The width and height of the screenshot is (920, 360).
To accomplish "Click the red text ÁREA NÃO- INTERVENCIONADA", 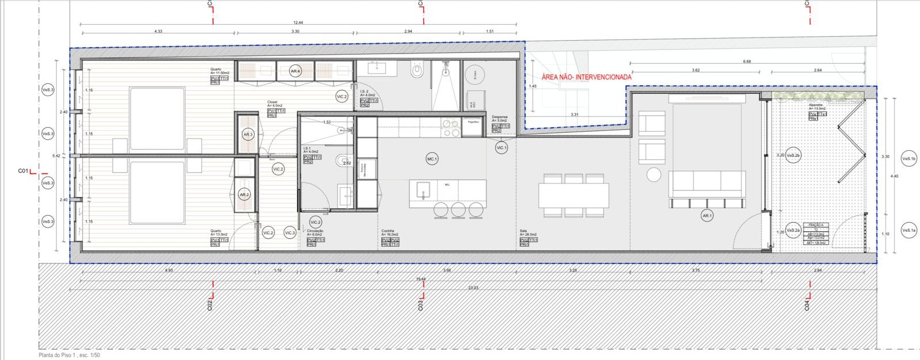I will point(586,77).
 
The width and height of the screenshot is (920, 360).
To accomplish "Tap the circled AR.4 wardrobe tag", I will point(295,71).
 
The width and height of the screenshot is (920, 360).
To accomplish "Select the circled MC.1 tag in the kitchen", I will point(432,159).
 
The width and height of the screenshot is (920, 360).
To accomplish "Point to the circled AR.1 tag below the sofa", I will point(707,216).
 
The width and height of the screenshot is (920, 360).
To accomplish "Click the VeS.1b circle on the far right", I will point(908,158).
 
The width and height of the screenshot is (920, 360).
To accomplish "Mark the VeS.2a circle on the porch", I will point(793,230).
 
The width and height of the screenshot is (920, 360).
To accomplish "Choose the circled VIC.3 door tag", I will point(290,233).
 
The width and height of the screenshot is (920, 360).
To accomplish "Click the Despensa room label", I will point(500,117).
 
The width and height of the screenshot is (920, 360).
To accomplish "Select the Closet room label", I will point(273,102).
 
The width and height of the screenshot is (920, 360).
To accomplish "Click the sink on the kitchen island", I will point(423,189).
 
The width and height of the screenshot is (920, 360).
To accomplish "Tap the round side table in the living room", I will point(654,174).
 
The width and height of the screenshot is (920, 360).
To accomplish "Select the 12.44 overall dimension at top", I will point(298,23).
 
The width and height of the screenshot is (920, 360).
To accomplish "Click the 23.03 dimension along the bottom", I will point(473,288).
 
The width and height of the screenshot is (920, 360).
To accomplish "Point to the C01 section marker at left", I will point(23,171).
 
